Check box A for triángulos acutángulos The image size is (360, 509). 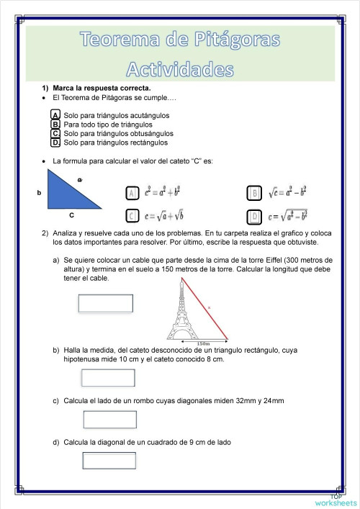55,114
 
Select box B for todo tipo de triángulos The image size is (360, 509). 55,124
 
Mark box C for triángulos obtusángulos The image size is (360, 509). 55,133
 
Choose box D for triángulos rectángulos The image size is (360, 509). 55,143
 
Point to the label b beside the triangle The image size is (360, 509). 39,193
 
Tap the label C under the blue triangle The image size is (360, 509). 71,215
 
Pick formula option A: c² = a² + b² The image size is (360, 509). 132,193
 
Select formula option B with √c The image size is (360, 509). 253,193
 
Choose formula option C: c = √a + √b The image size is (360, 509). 132,215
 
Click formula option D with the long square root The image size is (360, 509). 253,215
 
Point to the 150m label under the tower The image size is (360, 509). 203,343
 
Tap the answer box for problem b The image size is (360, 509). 108,377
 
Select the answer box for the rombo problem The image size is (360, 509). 109,419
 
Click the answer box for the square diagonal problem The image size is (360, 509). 109,461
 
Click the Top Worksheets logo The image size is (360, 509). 335,500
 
